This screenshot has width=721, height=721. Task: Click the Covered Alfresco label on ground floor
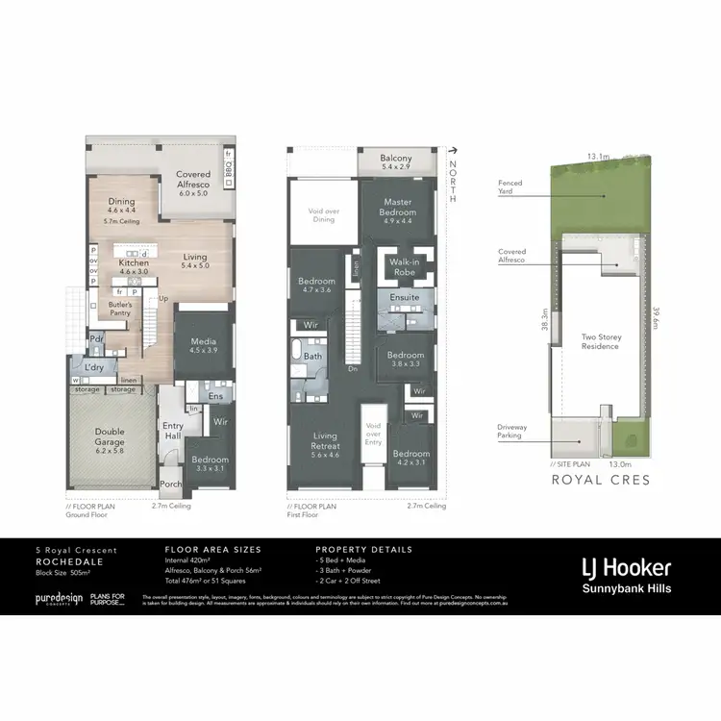point(193,180)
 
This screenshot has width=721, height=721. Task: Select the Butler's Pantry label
point(120,308)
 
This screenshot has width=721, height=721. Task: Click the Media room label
point(203,341)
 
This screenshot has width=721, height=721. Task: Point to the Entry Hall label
point(173,431)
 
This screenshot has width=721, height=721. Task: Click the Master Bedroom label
point(397,207)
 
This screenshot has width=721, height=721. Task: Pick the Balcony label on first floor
point(395,159)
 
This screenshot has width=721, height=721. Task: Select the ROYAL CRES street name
point(601,479)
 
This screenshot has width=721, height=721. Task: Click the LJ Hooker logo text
point(624,567)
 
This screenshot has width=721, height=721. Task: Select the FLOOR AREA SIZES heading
point(212,550)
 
